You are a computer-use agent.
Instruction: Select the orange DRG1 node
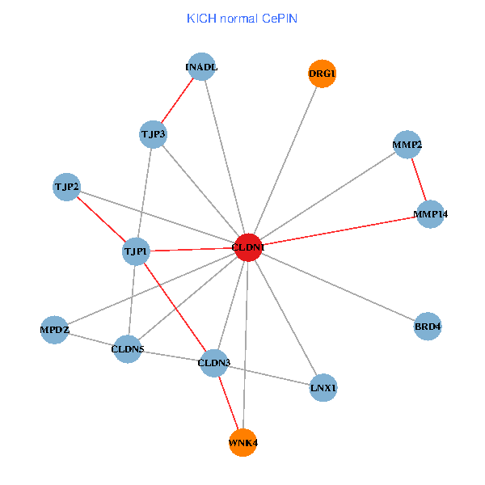point(322,74)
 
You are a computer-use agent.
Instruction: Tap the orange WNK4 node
point(242,442)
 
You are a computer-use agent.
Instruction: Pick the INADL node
point(201,67)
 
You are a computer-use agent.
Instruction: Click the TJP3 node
point(153,134)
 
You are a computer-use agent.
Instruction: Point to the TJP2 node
point(66,188)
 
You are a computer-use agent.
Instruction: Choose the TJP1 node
point(135,251)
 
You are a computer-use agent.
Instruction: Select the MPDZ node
point(55,331)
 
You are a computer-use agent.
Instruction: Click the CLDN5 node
point(127,349)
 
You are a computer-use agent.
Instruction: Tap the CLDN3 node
point(214,363)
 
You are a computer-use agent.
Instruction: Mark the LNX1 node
point(323,388)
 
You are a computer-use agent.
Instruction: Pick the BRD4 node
point(428,327)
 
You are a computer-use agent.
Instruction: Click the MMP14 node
point(431,214)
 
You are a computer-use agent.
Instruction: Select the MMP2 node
point(407,145)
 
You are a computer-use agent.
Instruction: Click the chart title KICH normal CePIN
point(242,18)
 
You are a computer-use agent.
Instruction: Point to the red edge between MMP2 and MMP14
point(419,179)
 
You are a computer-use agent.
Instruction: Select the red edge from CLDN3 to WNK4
point(228,403)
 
